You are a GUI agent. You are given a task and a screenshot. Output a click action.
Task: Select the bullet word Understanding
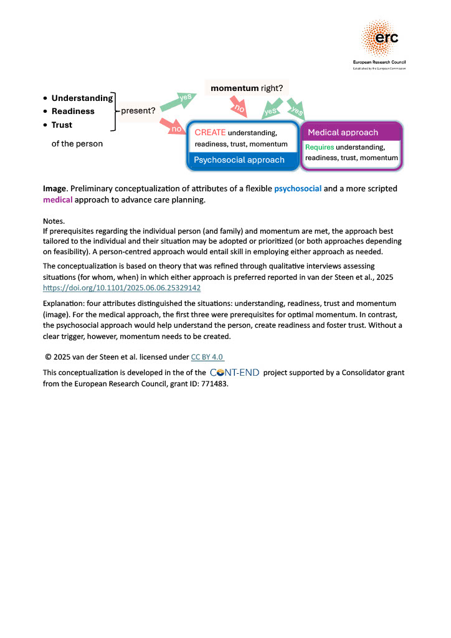pos(82,98)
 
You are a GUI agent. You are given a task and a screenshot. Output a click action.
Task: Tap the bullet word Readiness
pos(73,112)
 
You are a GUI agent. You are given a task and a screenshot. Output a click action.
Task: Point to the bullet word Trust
pos(62,125)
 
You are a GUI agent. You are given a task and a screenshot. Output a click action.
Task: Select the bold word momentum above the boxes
pos(234,88)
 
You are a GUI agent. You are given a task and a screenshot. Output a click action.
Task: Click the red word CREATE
pos(210,133)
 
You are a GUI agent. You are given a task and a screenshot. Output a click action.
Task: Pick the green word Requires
pos(320,148)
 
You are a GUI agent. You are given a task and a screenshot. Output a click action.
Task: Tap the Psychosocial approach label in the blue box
pos(239,160)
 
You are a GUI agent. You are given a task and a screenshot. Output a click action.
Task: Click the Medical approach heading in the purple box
pos(343,133)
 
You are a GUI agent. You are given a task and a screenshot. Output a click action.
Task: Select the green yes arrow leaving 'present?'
pos(178,102)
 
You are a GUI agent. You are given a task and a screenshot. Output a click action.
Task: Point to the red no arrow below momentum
pos(239,108)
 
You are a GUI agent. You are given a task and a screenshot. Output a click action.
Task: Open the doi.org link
pos(121,288)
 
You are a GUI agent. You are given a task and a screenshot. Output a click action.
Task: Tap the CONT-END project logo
pos(234,373)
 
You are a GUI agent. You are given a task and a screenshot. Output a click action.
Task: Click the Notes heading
pos(55,221)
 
